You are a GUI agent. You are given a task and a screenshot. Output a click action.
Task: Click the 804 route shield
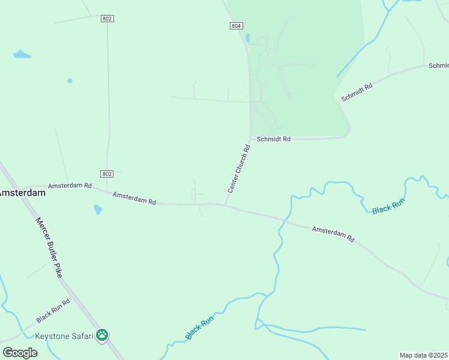pyautogui.click(x=236, y=25)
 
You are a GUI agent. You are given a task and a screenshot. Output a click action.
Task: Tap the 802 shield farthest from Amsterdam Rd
pyautogui.click(x=107, y=19)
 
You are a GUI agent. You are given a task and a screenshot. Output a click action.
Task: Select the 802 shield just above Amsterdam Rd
pyautogui.click(x=107, y=174)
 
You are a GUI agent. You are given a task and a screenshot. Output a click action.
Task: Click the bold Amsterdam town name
pyautogui.click(x=22, y=193)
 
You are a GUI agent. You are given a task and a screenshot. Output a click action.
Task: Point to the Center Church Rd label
pyautogui.click(x=238, y=168)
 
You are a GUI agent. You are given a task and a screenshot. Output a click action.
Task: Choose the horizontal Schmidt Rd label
pyautogui.click(x=273, y=139)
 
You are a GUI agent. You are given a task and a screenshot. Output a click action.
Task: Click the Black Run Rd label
pyautogui.click(x=53, y=310)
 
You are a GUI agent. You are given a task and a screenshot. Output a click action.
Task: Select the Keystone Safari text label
pyautogui.click(x=64, y=336)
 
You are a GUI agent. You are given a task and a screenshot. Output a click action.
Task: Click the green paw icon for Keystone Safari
pyautogui.click(x=103, y=335)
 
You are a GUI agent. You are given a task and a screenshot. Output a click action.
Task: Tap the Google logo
pyautogui.click(x=20, y=352)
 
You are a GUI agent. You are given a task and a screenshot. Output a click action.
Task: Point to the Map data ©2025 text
pyautogui.click(x=423, y=355)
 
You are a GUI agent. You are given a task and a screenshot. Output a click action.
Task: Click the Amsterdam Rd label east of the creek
pyautogui.click(x=333, y=233)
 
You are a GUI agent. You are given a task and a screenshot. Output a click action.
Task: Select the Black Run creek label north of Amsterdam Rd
pyautogui.click(x=388, y=205)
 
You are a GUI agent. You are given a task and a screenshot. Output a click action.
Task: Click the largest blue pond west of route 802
pyautogui.click(x=22, y=55)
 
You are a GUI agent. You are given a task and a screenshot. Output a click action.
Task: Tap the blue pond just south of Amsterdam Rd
pyautogui.click(x=98, y=209)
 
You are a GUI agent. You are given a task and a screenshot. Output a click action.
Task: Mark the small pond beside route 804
pyautogui.click(x=247, y=38)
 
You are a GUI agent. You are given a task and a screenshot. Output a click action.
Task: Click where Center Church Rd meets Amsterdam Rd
pyautogui.click(x=224, y=205)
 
